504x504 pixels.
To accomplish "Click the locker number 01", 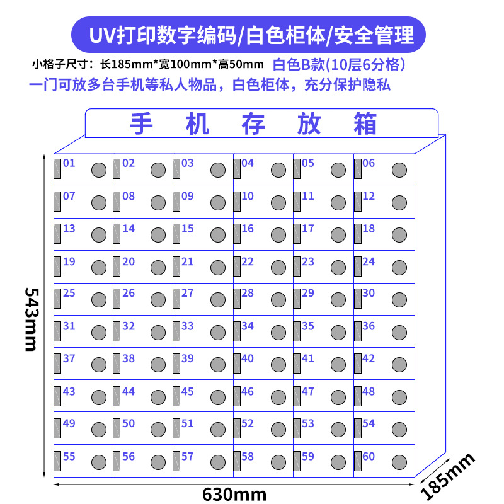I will pos(69,163).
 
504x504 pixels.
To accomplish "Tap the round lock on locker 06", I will pos(399,170).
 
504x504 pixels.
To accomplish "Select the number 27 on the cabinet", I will pos(188,293).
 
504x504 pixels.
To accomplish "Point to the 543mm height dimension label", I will pos(32,319).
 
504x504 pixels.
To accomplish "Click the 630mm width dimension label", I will pos(234,493).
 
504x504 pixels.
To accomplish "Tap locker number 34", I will pos(248,326).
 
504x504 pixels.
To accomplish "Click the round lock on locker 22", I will pos(278,267).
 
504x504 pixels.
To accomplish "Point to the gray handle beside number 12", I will pos(357,201).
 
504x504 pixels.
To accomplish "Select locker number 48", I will pos(369,391).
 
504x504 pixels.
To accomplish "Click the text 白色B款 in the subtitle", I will pos(294,64).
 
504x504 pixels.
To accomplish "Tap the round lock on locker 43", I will pos(99,397).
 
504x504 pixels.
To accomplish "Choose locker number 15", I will pos(188,228).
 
